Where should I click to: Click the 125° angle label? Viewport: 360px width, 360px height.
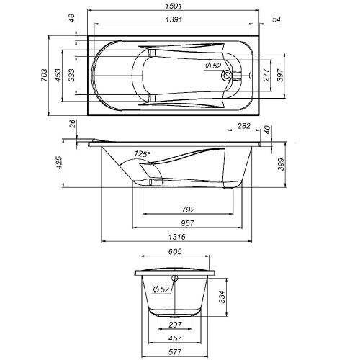(x=143, y=154)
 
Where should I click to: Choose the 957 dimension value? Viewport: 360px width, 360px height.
(x=187, y=223)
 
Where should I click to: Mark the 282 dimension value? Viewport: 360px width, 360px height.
(x=243, y=127)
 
